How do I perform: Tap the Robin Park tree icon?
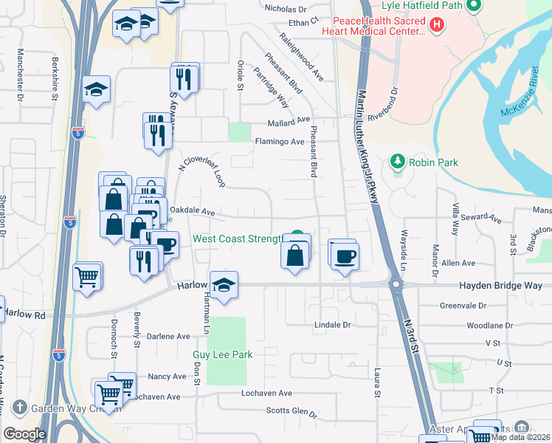click(398, 162)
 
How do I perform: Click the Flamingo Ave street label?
click(279, 142)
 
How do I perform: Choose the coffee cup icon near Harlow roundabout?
click(345, 256)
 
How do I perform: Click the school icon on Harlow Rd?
click(224, 284)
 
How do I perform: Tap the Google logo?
click(24, 433)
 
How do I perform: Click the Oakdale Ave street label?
click(192, 212)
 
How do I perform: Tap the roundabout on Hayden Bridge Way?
click(396, 284)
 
